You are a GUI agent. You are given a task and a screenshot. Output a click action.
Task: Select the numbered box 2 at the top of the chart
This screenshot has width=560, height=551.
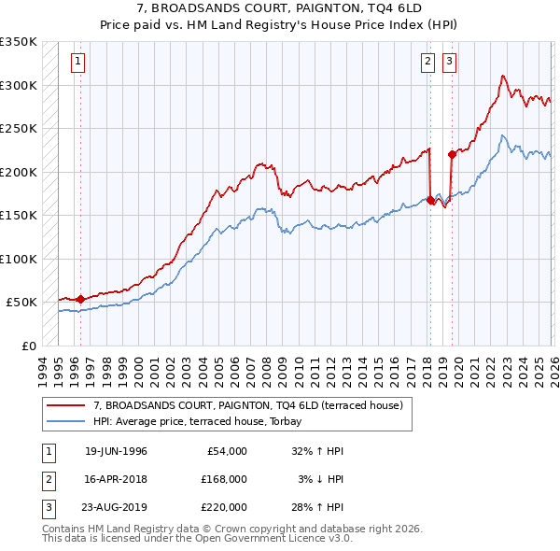pyautogui.click(x=427, y=63)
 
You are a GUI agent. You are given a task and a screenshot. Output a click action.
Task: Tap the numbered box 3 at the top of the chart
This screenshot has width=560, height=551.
pyautogui.click(x=449, y=63)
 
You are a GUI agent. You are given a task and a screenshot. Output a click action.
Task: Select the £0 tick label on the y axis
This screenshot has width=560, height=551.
pyautogui.click(x=28, y=346)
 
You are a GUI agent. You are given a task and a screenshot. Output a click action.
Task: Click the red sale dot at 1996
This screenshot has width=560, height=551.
pyautogui.click(x=80, y=299)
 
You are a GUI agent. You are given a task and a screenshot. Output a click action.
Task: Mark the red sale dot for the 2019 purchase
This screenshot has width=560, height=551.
pyautogui.click(x=452, y=154)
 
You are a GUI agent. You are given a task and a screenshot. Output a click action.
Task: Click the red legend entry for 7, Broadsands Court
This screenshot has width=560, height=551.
pyautogui.click(x=247, y=405)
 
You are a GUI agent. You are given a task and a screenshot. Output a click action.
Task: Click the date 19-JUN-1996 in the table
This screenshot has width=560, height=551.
pyautogui.click(x=116, y=451)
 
